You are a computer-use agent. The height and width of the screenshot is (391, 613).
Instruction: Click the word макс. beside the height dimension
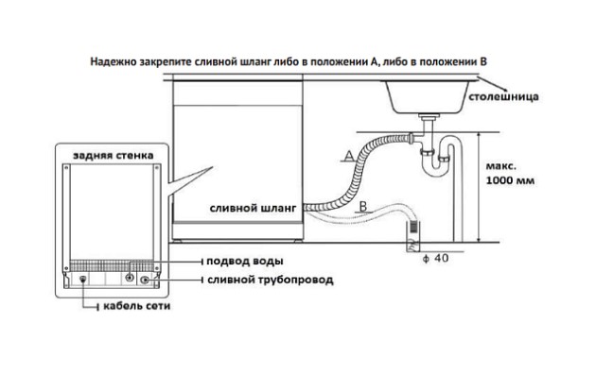[x=507, y=162]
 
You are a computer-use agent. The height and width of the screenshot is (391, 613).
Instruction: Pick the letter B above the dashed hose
[x=365, y=205]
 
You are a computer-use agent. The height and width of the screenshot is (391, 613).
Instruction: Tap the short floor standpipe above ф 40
[x=412, y=234]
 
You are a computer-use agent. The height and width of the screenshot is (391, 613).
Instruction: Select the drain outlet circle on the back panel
[x=146, y=280]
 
